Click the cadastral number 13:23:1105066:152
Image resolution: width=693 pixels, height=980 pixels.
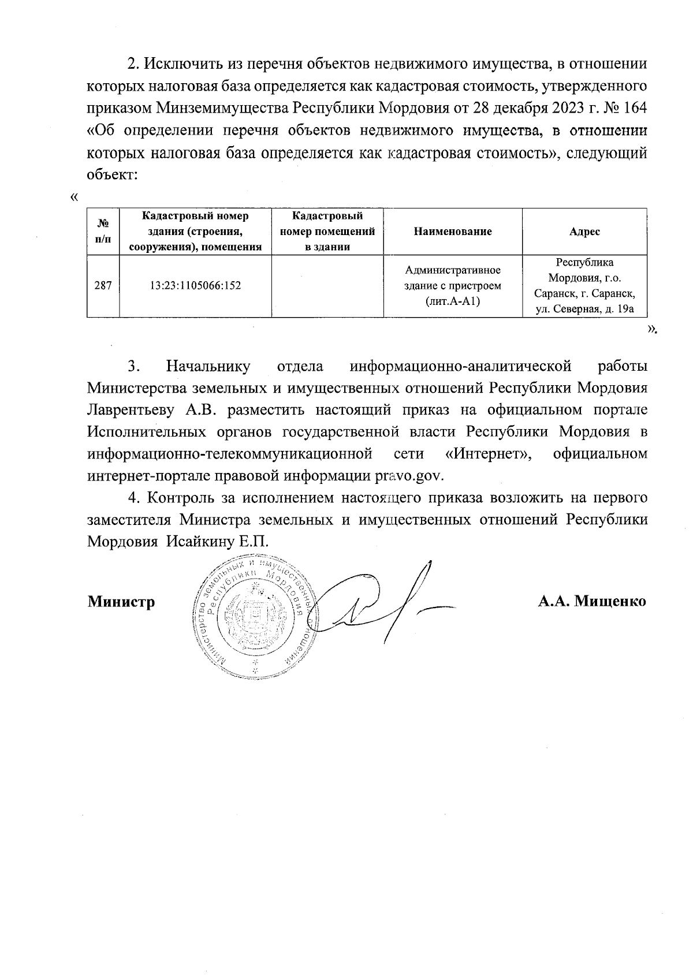(195, 285)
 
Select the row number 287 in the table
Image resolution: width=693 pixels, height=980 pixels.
(103, 285)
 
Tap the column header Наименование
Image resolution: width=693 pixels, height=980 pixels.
(453, 232)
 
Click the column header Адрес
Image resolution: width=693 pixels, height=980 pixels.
(584, 232)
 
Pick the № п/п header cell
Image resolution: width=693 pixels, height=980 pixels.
(103, 232)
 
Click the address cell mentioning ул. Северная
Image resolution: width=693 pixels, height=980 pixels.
(584, 286)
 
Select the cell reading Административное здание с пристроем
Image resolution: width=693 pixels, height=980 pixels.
(453, 286)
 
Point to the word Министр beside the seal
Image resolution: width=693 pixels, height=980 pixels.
(121, 602)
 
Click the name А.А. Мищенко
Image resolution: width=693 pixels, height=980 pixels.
(592, 601)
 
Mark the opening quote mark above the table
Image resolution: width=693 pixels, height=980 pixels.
(73, 198)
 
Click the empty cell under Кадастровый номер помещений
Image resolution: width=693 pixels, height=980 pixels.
(327, 285)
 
